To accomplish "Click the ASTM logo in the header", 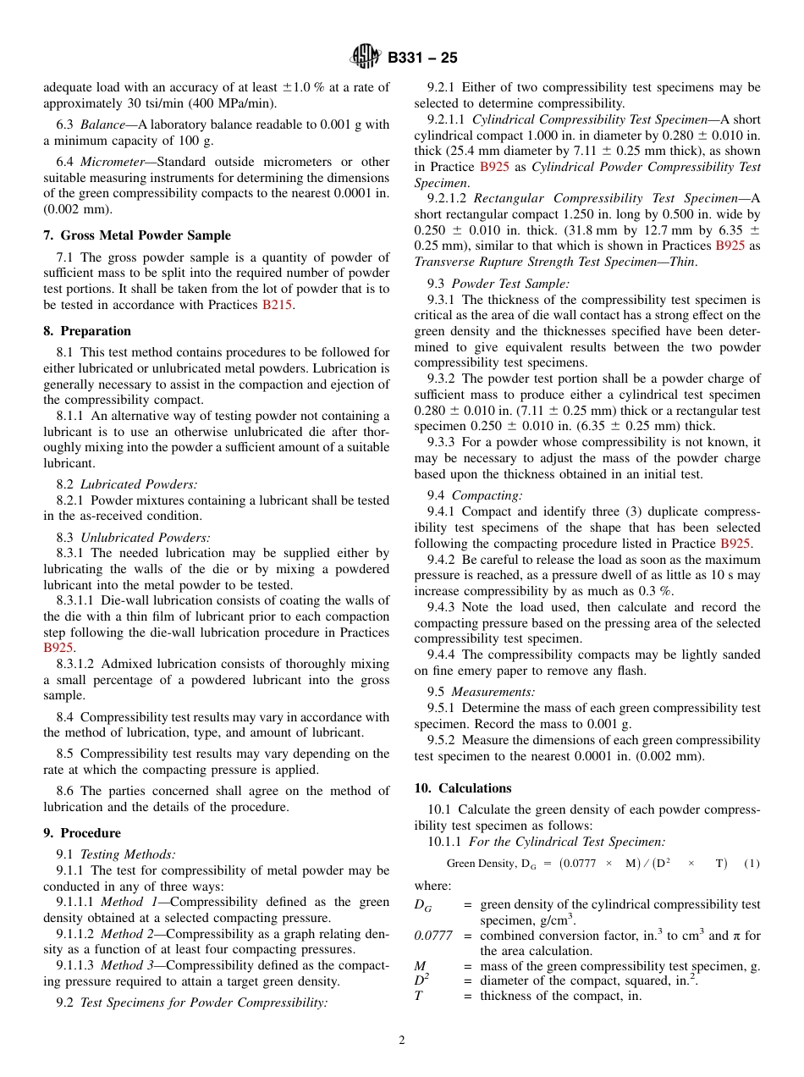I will [x=366, y=58].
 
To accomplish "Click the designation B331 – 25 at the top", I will [x=422, y=58].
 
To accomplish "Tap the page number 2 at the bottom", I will [x=402, y=1041].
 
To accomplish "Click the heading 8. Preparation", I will [x=87, y=331].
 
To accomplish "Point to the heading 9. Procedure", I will [x=82, y=833].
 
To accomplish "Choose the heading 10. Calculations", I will [x=463, y=788].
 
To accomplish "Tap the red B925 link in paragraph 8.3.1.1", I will [x=59, y=648].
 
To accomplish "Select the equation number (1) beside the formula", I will [x=752, y=864].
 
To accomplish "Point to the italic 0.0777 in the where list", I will [x=432, y=936].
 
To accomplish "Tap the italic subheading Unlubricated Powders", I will [x=145, y=538].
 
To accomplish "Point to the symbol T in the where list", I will [x=418, y=997].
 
